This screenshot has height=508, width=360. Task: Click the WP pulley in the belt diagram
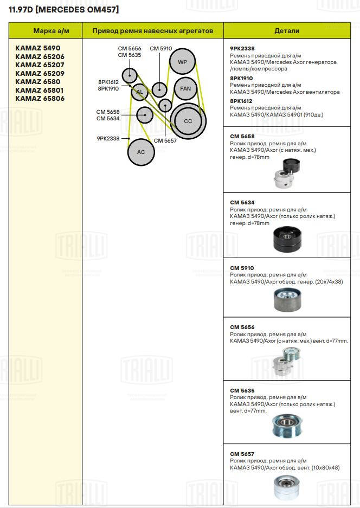(182, 62)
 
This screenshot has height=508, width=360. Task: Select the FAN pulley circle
(185, 88)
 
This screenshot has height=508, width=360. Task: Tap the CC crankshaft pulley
(188, 121)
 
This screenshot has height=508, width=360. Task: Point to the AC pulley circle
(141, 152)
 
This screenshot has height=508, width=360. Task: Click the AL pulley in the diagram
(139, 92)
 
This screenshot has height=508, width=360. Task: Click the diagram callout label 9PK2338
(108, 139)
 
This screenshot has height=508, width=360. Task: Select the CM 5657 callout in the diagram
(165, 140)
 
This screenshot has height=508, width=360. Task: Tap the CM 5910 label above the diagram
(160, 49)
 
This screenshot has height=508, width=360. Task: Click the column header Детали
(287, 31)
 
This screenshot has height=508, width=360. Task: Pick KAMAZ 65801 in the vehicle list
(40, 90)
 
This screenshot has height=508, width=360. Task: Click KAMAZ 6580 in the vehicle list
(37, 81)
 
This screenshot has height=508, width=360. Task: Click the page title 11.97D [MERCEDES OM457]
(63, 10)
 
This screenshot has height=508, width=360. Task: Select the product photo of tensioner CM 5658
(287, 172)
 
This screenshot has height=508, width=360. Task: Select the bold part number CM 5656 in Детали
(242, 327)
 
